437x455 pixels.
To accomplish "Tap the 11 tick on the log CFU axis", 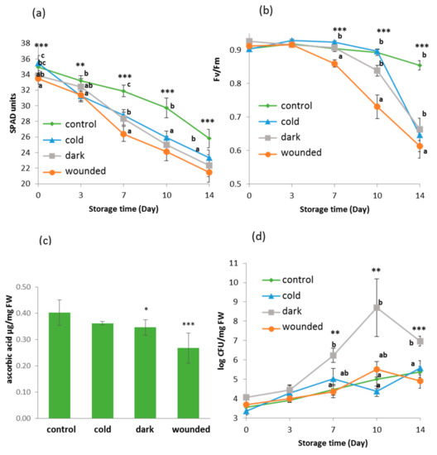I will point(233,262).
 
